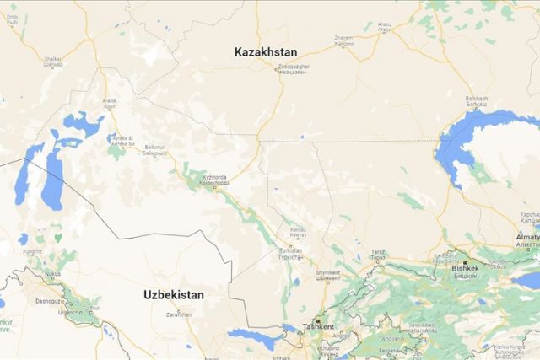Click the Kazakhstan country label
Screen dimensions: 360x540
(267, 51)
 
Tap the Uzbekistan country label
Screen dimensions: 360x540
(173, 295)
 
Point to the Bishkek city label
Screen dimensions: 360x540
(464, 268)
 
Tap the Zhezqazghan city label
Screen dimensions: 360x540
(294, 68)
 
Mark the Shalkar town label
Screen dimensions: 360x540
(52, 61)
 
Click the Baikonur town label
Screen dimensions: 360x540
(154, 148)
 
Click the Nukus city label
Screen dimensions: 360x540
(52, 273)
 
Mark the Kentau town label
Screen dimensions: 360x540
(298, 231)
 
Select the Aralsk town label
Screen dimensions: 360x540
(110, 103)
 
